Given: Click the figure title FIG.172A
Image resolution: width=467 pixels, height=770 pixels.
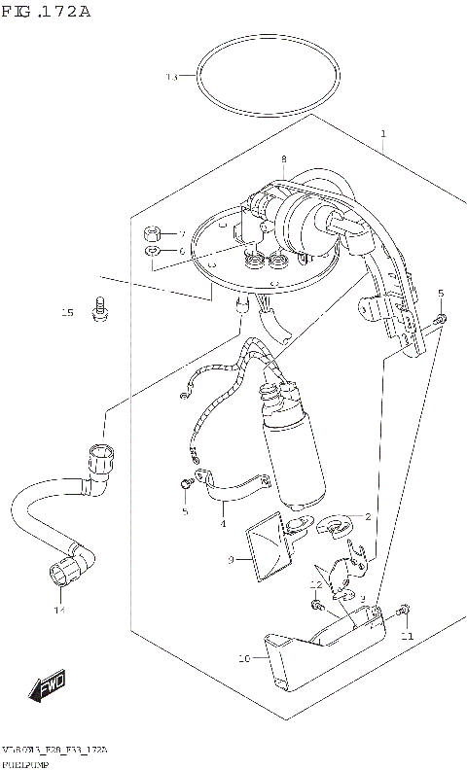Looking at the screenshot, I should pos(46,12).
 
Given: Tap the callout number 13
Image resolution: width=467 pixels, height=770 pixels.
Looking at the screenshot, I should pos(172,77).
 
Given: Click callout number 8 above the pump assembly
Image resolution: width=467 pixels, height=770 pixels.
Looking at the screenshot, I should pos(283,159).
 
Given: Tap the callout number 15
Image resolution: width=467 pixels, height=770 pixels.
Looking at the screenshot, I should pos(67,313).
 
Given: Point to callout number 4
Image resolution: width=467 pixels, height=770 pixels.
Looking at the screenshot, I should pos(223,524).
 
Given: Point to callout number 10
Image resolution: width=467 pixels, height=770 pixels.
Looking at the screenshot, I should pos(244,658).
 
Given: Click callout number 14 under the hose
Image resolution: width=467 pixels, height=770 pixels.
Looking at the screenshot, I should pos(58,611).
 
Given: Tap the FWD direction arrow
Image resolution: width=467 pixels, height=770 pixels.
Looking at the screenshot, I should pos(47,688).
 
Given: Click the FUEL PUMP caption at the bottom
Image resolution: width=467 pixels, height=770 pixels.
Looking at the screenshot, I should pos(23,764).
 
